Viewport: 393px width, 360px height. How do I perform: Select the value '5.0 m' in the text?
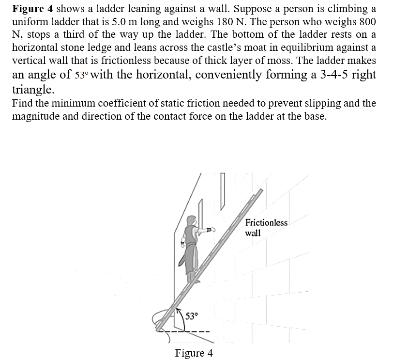click(x=160, y=22)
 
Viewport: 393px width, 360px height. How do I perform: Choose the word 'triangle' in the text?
click(x=31, y=90)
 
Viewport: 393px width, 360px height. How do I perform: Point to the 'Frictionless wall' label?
click(x=266, y=228)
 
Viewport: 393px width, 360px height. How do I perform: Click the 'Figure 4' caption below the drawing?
click(x=194, y=352)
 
